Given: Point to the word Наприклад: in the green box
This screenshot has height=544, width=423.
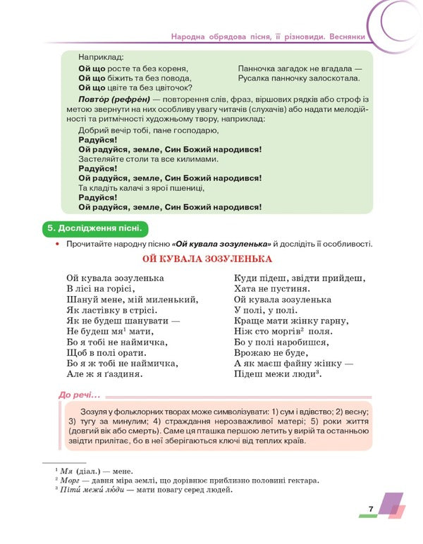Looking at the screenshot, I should [101, 56].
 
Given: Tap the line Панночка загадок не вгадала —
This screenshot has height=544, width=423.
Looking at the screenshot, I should [300, 68].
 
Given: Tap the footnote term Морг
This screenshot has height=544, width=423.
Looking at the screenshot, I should [70, 481].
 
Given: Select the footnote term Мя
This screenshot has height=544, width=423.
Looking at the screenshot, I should [66, 471].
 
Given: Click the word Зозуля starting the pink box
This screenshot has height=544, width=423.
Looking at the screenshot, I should [96, 411].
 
